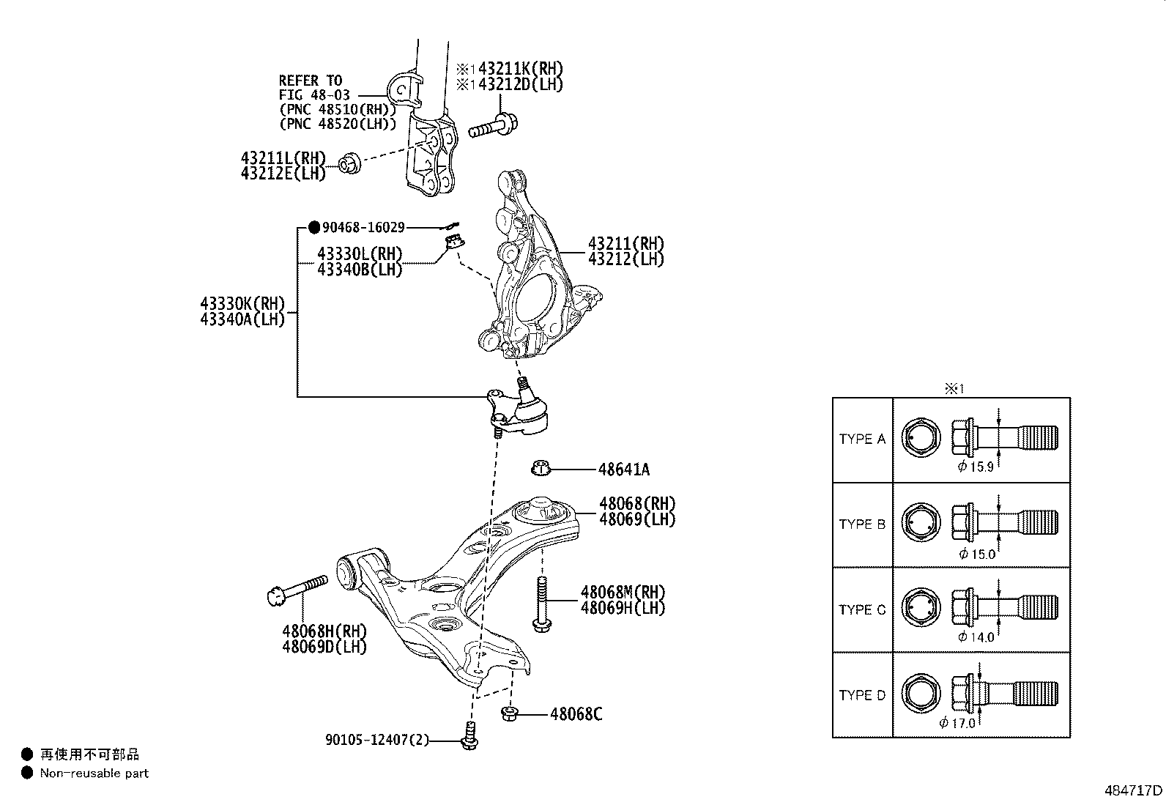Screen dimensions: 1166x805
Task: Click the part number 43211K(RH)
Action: point(521,69)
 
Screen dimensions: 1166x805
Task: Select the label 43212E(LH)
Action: point(283,174)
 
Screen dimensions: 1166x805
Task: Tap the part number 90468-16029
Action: point(363,228)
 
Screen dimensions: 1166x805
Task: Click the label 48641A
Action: point(623,470)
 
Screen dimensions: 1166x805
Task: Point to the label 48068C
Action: point(576,714)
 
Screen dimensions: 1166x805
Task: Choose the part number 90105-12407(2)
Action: point(377,740)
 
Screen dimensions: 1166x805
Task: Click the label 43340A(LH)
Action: point(242,319)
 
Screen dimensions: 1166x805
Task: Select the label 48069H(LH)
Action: point(623,608)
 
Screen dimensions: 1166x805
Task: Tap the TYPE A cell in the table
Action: point(862,439)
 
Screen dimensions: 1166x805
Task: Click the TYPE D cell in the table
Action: point(862,695)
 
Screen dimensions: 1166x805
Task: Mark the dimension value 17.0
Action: point(963,723)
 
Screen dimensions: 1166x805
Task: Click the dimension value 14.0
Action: point(981,637)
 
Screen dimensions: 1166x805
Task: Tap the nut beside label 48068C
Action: point(508,713)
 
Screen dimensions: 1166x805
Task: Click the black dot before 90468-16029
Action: point(314,228)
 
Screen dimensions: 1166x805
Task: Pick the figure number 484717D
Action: point(1133,790)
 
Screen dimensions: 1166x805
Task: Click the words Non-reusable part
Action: point(94,774)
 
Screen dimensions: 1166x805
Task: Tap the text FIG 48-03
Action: point(314,95)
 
